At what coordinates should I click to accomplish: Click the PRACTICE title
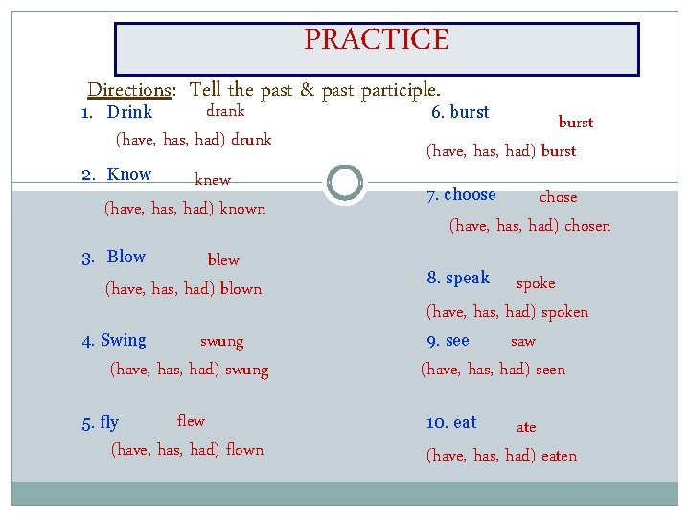coord(376,40)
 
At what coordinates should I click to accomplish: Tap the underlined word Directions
coord(128,90)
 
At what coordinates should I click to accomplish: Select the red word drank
coord(225,111)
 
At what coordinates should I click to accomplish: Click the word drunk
coord(251,140)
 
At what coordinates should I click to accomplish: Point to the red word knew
coord(213,180)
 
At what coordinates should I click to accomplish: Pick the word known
coord(242,209)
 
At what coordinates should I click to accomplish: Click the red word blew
coord(223,260)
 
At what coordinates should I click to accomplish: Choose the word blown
coord(241,289)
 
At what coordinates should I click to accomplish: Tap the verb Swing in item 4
coord(124,341)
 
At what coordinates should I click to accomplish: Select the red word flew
coord(191,421)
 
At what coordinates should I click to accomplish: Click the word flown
coord(244,450)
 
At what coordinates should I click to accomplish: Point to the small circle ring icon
coord(344,182)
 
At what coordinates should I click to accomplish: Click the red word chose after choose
coord(558,197)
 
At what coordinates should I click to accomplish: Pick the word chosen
coord(587,227)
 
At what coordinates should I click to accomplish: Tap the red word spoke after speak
coord(536,283)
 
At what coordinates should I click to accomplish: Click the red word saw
coord(522,342)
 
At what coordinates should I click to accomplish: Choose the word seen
coord(550,370)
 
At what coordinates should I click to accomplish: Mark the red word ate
coord(526,428)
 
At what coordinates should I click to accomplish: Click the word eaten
coord(559,456)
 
